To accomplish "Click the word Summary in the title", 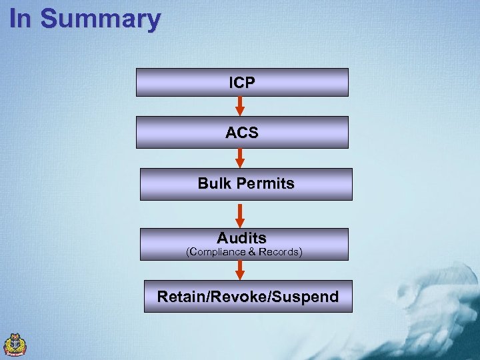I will [100, 19].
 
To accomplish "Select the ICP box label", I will [242, 83].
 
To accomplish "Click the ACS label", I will [242, 133].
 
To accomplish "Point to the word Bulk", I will [213, 183].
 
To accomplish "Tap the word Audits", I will [241, 237].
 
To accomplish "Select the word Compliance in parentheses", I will [218, 252].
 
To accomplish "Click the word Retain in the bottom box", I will [180, 297].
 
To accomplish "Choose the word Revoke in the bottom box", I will [242, 297].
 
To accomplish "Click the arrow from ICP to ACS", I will [241, 106].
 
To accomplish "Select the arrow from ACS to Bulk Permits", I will [241, 157].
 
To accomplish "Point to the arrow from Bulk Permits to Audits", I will [241, 213].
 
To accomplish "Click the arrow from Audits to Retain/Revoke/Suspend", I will [241, 269].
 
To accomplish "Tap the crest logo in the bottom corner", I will [15, 344].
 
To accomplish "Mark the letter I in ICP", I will [231, 83].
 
